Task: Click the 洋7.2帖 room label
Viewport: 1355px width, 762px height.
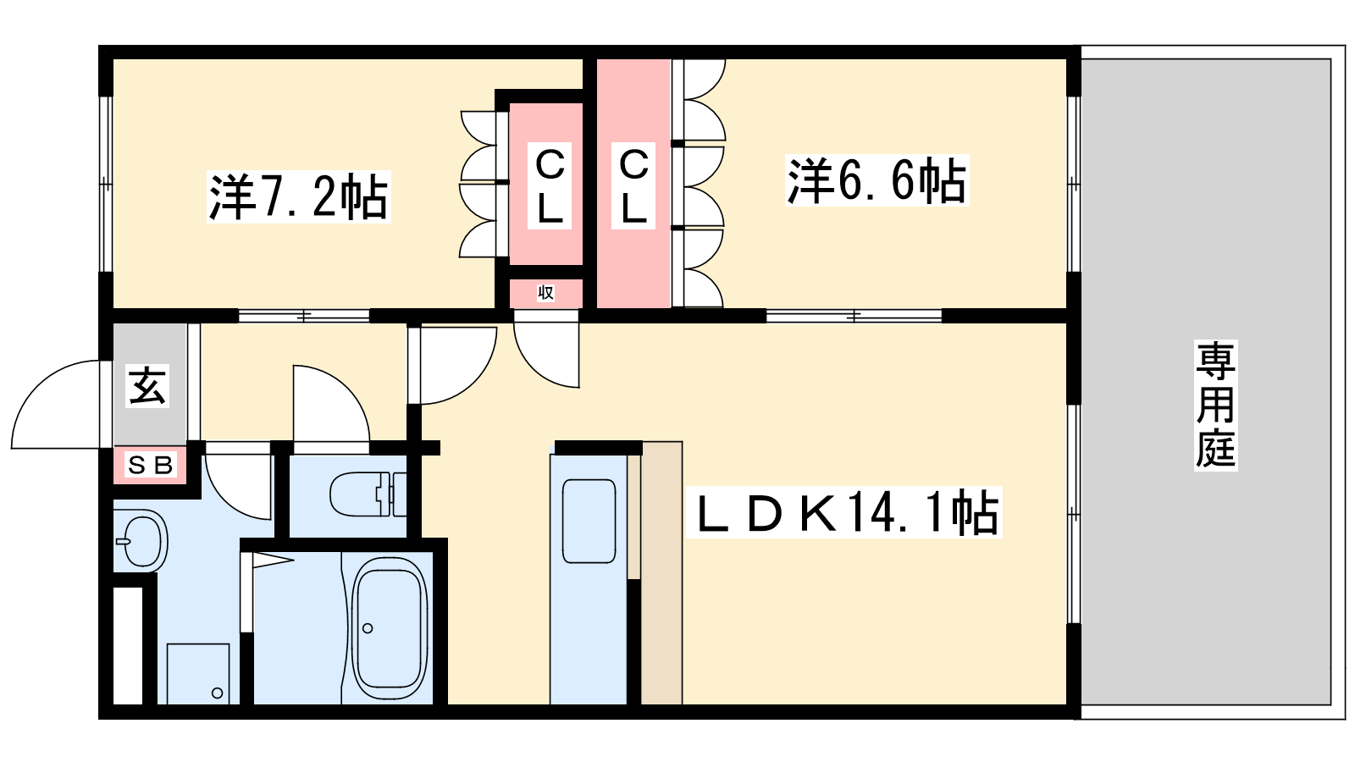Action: click(x=298, y=196)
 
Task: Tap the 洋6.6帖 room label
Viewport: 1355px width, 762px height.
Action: click(x=877, y=180)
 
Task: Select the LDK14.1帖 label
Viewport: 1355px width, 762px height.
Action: click(x=844, y=512)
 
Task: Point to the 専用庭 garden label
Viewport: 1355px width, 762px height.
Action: click(x=1216, y=406)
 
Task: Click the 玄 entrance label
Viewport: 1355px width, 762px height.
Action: click(x=147, y=386)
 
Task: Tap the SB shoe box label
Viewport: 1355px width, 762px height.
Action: click(x=151, y=465)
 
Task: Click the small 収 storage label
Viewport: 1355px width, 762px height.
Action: click(x=545, y=293)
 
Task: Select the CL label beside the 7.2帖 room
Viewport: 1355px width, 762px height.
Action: click(x=550, y=185)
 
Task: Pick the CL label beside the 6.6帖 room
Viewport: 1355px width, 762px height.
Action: click(x=633, y=185)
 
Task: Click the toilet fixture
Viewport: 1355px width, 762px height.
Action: click(x=368, y=494)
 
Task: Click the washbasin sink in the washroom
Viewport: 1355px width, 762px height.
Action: click(x=141, y=540)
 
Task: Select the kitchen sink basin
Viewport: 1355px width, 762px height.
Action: click(x=589, y=522)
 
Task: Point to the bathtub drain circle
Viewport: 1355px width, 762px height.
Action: click(x=368, y=628)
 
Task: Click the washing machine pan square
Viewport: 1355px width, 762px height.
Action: click(x=198, y=674)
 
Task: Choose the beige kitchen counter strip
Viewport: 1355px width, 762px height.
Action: click(x=661, y=572)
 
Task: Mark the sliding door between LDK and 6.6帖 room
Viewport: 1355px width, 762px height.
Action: click(x=854, y=316)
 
